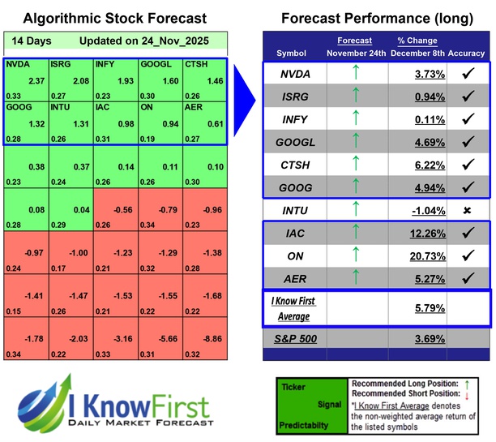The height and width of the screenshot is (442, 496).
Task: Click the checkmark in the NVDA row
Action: [466, 74]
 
